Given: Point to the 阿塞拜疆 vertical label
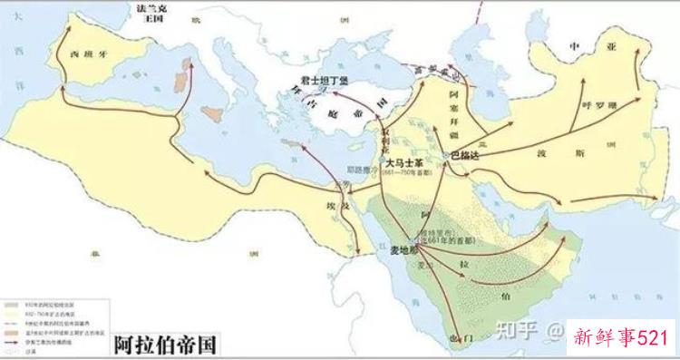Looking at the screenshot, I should (456, 106).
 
